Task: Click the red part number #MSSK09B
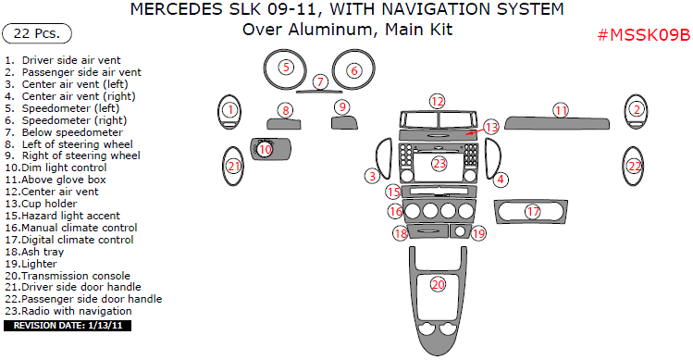point(644,36)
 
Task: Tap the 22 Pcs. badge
point(38,34)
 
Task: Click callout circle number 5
point(286,67)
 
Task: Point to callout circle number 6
point(353,70)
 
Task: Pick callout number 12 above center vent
point(437,100)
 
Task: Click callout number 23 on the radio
point(439,164)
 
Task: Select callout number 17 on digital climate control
point(533,212)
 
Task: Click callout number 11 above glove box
point(561,110)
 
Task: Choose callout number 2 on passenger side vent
point(636,109)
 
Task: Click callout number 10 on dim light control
point(266,149)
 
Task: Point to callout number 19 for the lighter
point(478,234)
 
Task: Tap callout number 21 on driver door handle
point(234,167)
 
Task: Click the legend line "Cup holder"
point(48,204)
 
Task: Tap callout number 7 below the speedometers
point(320,81)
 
